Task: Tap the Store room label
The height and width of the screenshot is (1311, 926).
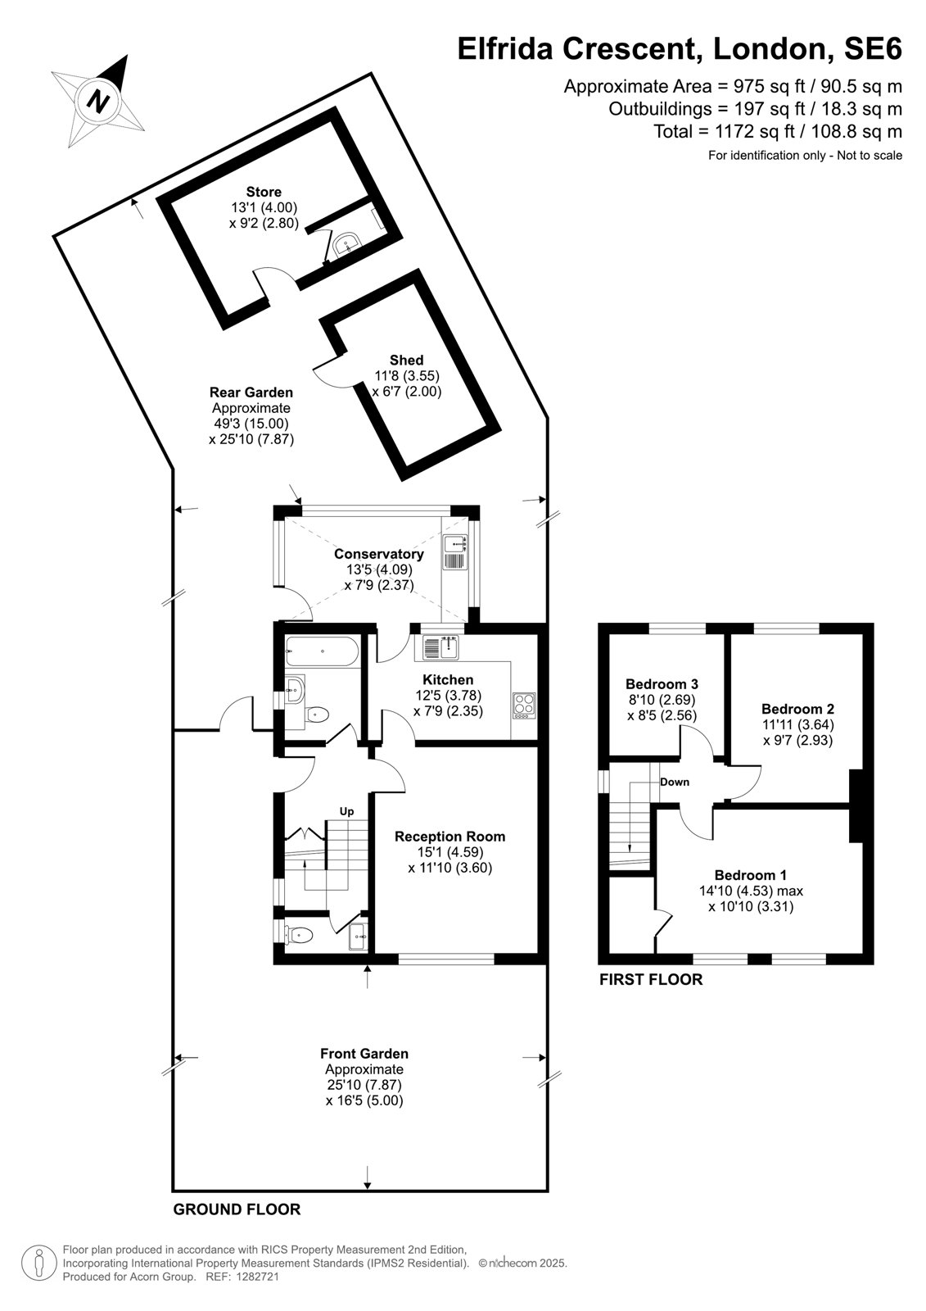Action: pyautogui.click(x=264, y=192)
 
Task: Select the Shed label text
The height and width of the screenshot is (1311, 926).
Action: pyautogui.click(x=407, y=360)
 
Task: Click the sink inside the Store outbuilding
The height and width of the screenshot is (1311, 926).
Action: pyautogui.click(x=349, y=244)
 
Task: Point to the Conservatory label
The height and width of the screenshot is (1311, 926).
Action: pyautogui.click(x=379, y=554)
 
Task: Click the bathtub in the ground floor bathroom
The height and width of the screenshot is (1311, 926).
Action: pyautogui.click(x=322, y=652)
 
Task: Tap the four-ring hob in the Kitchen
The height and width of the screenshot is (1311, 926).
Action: pyautogui.click(x=523, y=705)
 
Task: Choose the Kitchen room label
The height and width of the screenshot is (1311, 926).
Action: pyautogui.click(x=448, y=679)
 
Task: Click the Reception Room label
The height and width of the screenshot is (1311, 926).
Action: pyautogui.click(x=449, y=837)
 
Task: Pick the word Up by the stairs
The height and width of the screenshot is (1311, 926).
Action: pyautogui.click(x=347, y=811)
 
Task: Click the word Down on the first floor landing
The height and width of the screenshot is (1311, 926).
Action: pyautogui.click(x=675, y=782)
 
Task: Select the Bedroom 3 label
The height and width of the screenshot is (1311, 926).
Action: pyautogui.click(x=662, y=683)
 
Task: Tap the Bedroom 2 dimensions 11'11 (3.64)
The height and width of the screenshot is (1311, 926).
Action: pyautogui.click(x=798, y=724)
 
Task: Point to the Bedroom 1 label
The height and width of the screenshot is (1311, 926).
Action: pyautogui.click(x=751, y=875)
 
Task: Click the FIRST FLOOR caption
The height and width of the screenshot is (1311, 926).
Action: pyautogui.click(x=651, y=979)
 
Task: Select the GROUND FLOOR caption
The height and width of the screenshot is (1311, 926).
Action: pyautogui.click(x=237, y=1209)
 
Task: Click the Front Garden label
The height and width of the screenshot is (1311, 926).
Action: pyautogui.click(x=364, y=1054)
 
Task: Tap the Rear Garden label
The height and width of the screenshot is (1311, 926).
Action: pyautogui.click(x=251, y=392)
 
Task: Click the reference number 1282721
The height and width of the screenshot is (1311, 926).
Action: pyautogui.click(x=257, y=1293)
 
